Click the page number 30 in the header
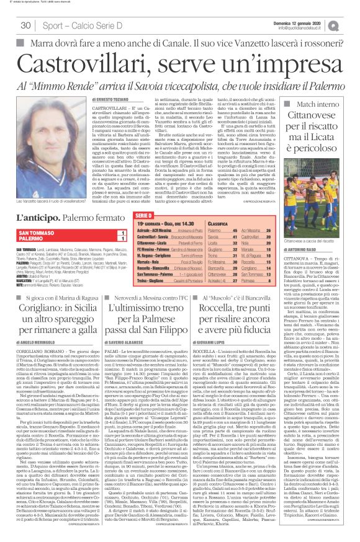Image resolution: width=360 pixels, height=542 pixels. (x=25, y=25)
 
